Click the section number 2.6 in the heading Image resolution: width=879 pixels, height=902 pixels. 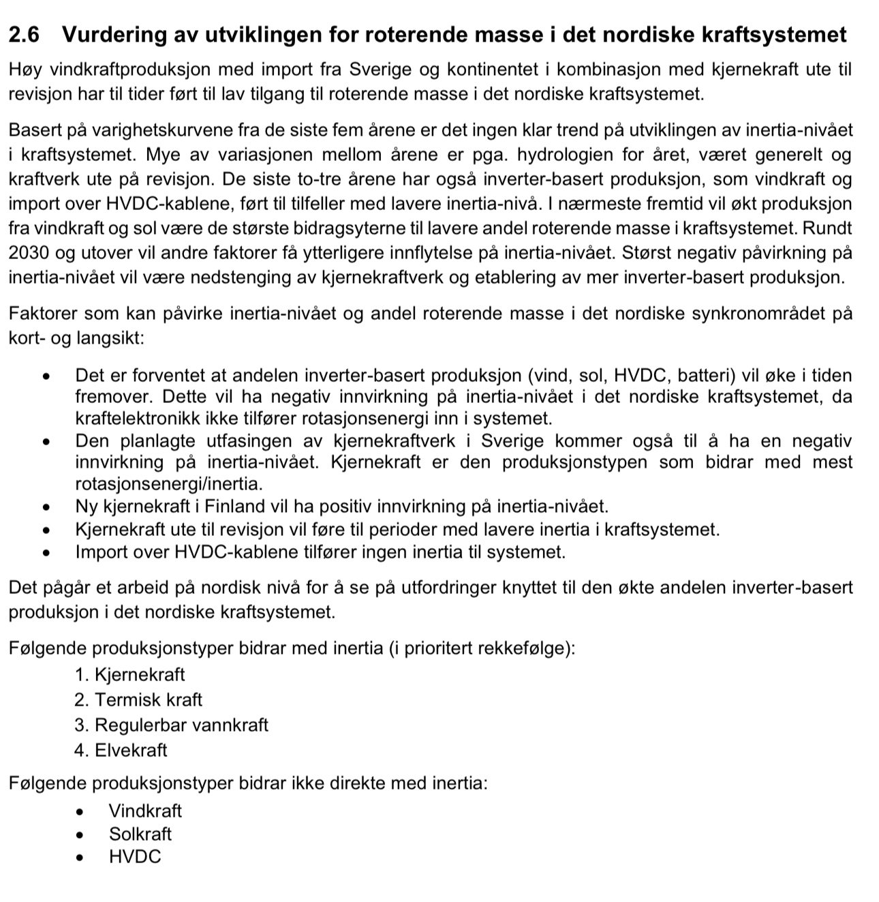(x=25, y=35)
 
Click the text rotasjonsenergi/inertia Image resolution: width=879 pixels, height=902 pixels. (x=169, y=484)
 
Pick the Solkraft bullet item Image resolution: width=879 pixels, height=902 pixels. (x=140, y=834)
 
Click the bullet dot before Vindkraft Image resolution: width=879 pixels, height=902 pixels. (x=81, y=812)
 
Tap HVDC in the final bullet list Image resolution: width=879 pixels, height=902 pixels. (x=135, y=857)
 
